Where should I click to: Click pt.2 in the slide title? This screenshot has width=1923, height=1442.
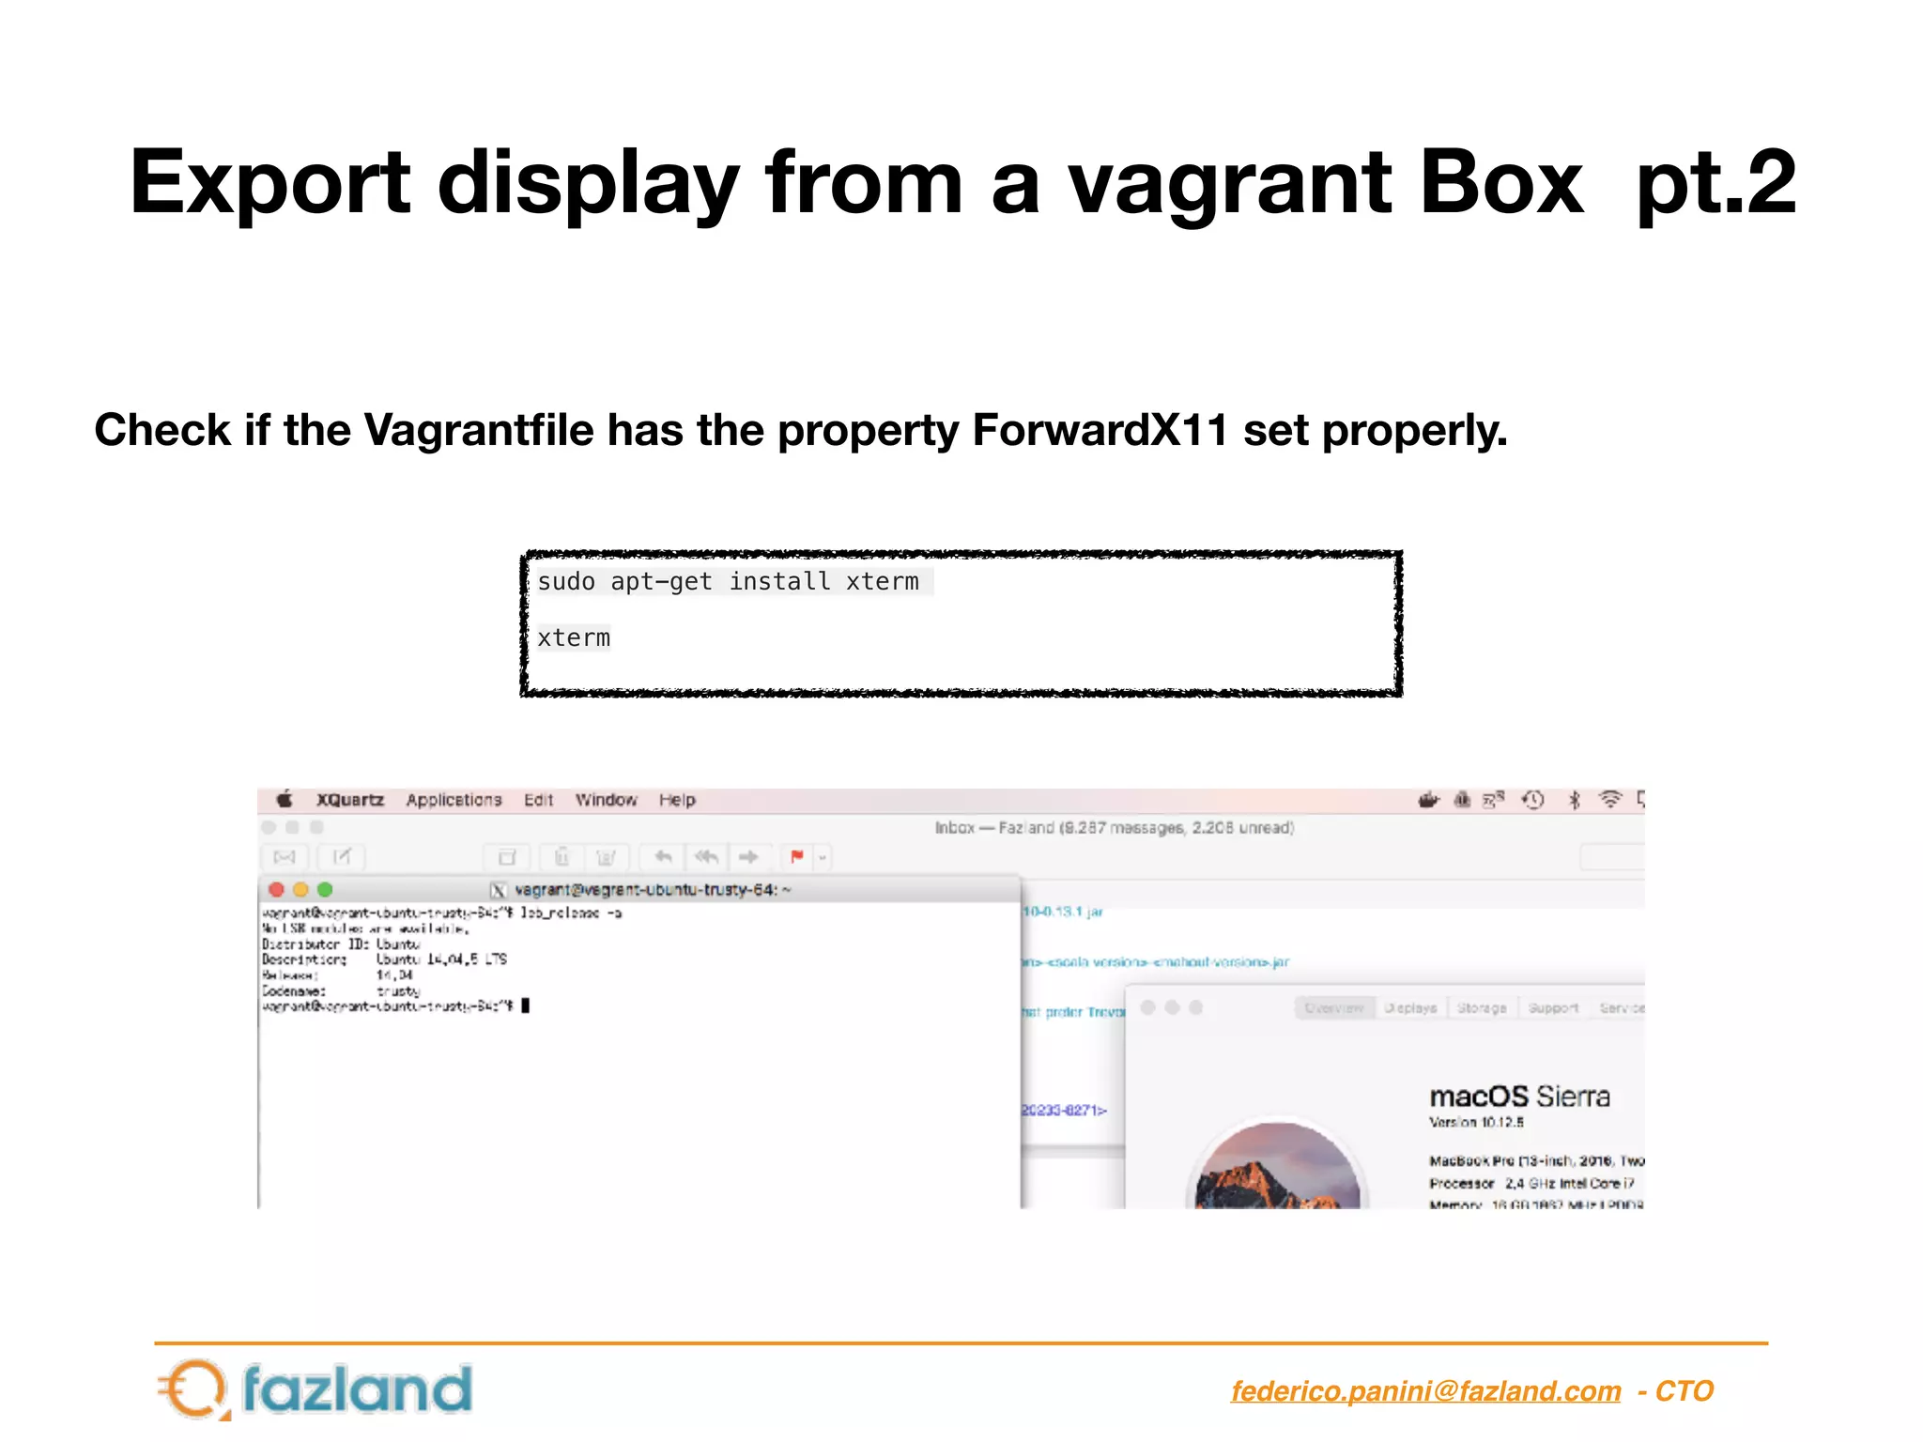click(x=1715, y=184)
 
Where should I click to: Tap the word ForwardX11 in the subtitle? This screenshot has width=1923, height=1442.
click(x=1100, y=431)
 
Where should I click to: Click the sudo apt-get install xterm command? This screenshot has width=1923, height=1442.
click(x=728, y=582)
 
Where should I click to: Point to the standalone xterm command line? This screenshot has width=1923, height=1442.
click(x=574, y=638)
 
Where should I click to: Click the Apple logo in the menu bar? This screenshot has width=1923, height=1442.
click(x=285, y=800)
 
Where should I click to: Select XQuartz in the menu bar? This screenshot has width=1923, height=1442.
click(x=350, y=800)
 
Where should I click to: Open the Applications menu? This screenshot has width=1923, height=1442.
click(x=454, y=800)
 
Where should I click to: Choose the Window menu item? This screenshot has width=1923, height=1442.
click(x=606, y=800)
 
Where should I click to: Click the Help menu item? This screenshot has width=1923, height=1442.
click(x=677, y=800)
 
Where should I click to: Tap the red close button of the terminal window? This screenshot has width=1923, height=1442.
click(x=276, y=889)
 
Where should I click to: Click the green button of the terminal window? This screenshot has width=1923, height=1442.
click(x=325, y=889)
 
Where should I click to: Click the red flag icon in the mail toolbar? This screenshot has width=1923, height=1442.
click(x=797, y=856)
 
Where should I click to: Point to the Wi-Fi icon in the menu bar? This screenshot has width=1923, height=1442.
click(x=1610, y=800)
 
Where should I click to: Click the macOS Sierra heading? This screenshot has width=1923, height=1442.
click(x=1519, y=1097)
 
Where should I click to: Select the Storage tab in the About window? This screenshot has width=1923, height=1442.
click(x=1482, y=1008)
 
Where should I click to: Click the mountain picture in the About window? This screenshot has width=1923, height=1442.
click(x=1278, y=1169)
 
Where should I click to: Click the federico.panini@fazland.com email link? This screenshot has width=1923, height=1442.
click(x=1425, y=1391)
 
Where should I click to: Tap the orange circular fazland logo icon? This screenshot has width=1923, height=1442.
click(x=195, y=1389)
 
